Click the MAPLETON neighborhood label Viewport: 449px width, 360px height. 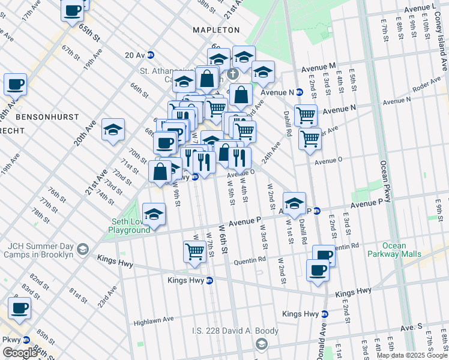pos(216,29)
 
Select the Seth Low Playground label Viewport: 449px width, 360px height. pos(130,226)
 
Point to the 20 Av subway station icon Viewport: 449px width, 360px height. pos(151,55)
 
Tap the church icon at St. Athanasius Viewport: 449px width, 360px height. pos(232,74)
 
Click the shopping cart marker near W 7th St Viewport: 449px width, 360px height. pos(194,251)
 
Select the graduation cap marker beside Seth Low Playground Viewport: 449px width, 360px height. pos(154,214)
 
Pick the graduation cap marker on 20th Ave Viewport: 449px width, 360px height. pos(113,130)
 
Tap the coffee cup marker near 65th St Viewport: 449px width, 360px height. pos(73,10)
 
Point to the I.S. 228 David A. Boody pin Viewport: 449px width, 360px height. pos(261,343)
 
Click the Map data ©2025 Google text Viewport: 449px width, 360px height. pos(411,355)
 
